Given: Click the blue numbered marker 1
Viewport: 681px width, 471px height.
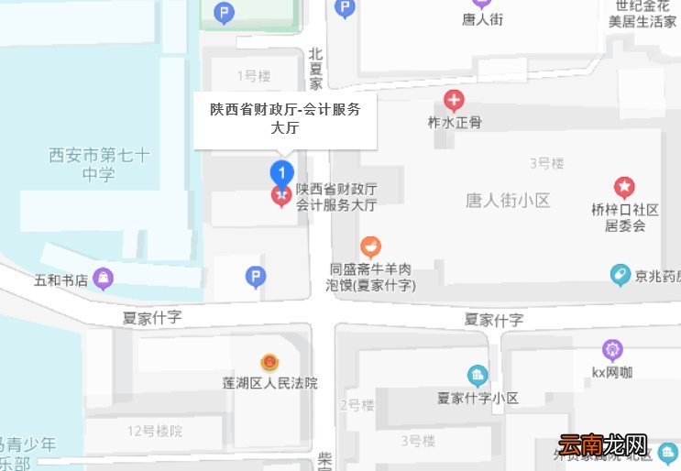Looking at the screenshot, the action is click(282, 172).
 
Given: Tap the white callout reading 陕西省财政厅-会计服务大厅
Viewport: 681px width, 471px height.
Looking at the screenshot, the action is click(285, 119).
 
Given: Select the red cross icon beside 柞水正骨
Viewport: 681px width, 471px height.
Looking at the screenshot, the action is click(454, 100).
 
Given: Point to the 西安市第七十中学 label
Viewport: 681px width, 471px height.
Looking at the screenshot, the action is click(98, 164).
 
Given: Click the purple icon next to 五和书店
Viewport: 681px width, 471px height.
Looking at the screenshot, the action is click(104, 279).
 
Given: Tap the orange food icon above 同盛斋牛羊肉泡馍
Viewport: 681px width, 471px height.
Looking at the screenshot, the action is click(370, 246).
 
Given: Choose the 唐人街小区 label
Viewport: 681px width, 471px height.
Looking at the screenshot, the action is click(508, 200).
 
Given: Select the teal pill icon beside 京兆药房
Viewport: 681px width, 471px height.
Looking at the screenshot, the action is click(621, 274).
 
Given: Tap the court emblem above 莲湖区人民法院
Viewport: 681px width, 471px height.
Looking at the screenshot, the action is click(269, 362).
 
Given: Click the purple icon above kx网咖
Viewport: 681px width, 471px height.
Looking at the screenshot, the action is click(612, 349).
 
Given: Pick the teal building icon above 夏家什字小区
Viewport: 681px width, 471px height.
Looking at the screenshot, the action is click(477, 375).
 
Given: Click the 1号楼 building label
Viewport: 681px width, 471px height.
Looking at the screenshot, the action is click(253, 75).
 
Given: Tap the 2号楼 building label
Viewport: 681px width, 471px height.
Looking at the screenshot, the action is click(357, 404).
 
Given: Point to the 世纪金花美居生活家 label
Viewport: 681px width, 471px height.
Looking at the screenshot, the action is click(643, 14).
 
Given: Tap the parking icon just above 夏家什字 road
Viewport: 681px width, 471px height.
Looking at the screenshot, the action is click(257, 276).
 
